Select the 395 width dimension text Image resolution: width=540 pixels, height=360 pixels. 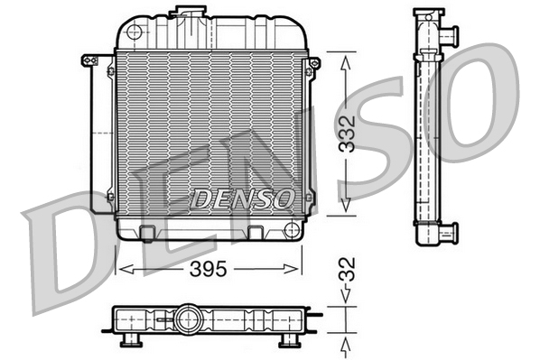click(206, 269)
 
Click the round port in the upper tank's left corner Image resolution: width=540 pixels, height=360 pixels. click(134, 32)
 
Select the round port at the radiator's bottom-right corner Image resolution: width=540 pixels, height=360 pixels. click(291, 228)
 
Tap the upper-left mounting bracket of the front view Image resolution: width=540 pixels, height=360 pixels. click(89, 60)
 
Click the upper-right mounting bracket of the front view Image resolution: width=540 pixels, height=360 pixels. click(313, 63)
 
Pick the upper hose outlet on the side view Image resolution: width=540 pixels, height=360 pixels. click(448, 34)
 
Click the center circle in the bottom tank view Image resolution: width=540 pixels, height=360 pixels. click(188, 318)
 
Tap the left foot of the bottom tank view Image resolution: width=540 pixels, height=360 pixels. click(128, 339)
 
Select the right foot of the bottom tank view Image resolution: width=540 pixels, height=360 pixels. click(289, 339)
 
